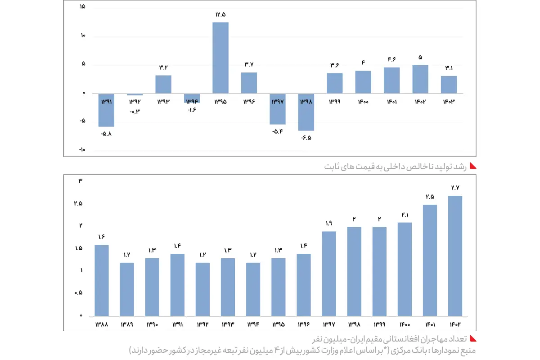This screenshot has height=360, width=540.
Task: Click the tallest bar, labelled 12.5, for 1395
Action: [220, 58]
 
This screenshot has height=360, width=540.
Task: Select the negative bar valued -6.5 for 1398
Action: [306, 112]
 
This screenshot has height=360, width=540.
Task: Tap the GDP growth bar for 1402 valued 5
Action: [420, 79]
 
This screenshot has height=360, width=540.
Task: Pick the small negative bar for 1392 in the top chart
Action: [135, 94]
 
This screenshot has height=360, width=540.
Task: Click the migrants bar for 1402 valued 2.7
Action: [455, 256]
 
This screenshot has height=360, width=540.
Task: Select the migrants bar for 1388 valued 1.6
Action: [101, 280]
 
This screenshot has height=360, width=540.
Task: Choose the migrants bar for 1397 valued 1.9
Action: [329, 273]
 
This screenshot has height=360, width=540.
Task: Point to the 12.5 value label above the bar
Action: [220, 15]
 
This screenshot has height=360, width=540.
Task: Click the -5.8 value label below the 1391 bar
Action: [106, 134]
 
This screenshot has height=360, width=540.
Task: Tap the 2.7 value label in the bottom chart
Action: [455, 188]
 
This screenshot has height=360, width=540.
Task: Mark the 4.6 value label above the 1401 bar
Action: [391, 59]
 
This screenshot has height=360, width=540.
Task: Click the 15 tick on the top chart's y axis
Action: [82, 8]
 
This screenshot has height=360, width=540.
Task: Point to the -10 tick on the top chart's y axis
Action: [82, 150]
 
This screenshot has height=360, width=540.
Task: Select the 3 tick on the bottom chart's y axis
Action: [81, 181]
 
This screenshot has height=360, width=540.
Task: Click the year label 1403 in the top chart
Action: [449, 102]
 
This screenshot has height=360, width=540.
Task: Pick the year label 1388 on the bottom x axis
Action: [101, 324]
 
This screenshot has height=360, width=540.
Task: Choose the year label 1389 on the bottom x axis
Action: [126, 324]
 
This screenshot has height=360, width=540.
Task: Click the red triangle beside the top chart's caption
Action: [473, 166]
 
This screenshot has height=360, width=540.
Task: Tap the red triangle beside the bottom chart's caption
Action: [473, 338]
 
